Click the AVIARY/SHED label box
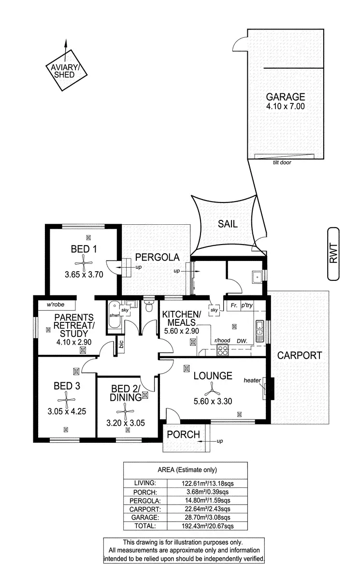click(x=67, y=71)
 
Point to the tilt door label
click(x=282, y=163)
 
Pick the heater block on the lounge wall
click(x=270, y=388)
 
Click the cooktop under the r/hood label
click(x=223, y=350)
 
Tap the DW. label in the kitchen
click(x=242, y=341)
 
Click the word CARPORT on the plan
click(x=300, y=355)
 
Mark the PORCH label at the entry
click(x=183, y=435)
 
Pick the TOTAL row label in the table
click(x=145, y=526)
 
